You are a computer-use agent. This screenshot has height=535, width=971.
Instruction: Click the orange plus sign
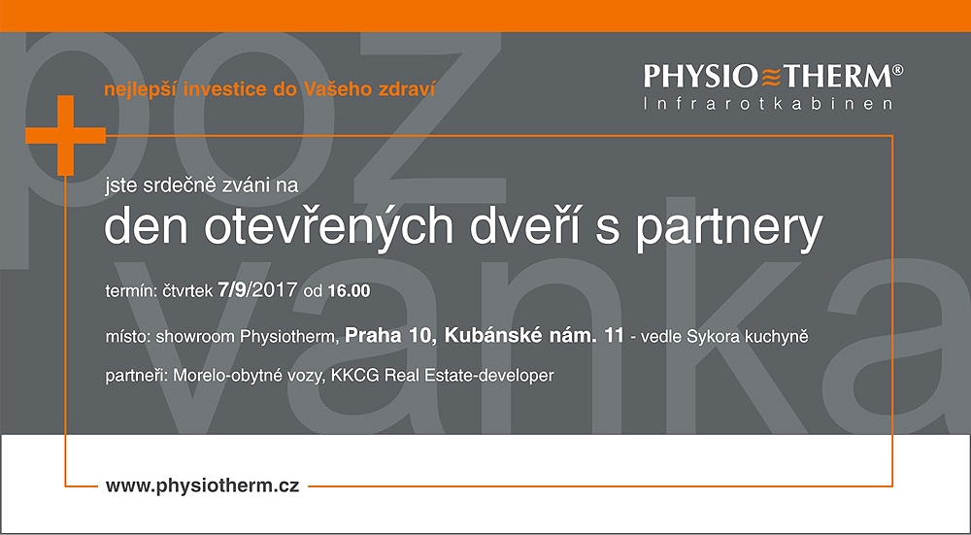tap(65, 135)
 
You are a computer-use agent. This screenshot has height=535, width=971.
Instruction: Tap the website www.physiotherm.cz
tap(203, 485)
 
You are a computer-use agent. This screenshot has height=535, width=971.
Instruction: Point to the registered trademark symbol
tap(898, 69)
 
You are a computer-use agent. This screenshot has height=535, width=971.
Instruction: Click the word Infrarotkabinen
tap(768, 104)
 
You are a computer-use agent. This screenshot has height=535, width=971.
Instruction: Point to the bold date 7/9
tap(232, 289)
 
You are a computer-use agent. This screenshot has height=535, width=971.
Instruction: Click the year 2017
tap(273, 289)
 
